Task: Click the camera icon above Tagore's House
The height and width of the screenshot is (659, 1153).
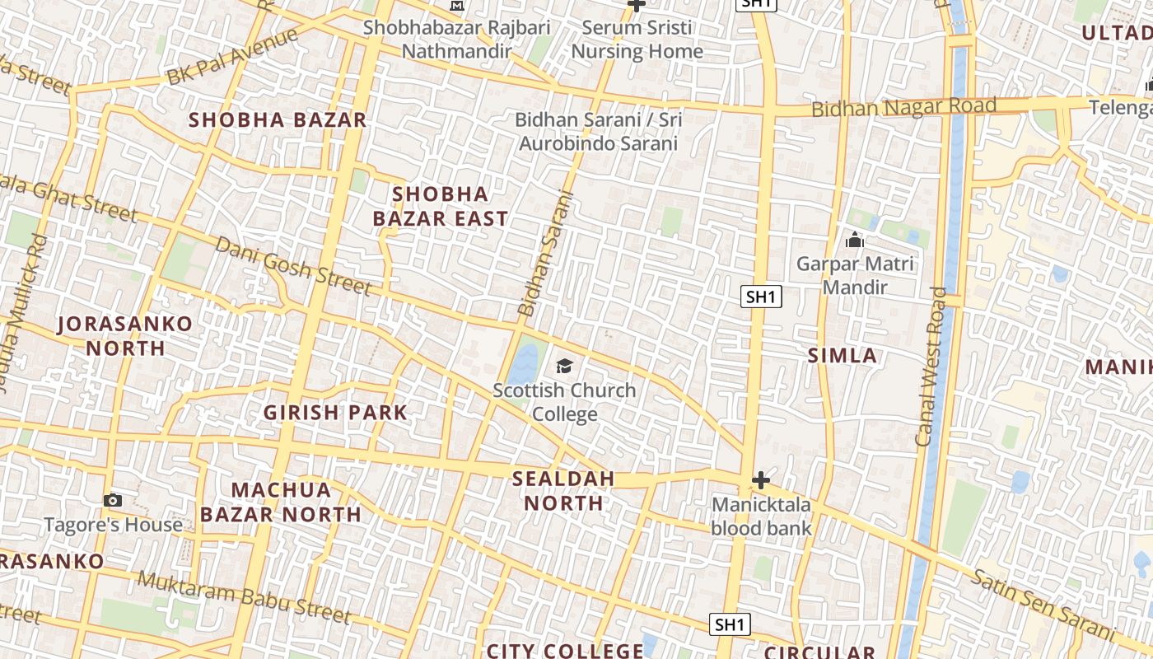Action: (x=113, y=500)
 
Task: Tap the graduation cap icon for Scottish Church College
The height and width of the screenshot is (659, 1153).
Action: (x=564, y=366)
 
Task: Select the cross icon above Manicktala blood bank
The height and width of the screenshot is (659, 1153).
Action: (x=761, y=479)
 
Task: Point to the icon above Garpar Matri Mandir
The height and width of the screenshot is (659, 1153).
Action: (x=854, y=241)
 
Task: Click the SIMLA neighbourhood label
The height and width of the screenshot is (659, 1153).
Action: (x=842, y=356)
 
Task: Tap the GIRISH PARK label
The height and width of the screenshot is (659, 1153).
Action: (x=335, y=413)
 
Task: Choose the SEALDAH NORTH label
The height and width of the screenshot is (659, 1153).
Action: (x=563, y=490)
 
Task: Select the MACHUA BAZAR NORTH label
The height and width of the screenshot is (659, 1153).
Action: (x=280, y=502)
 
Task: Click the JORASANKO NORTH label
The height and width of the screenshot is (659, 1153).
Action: (x=126, y=335)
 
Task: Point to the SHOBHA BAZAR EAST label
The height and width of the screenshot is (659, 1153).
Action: (x=440, y=206)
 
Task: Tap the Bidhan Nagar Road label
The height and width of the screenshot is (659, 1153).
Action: (x=903, y=107)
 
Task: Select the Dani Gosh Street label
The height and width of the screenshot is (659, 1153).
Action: (x=293, y=265)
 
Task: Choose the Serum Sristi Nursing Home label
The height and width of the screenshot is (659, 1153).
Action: (x=637, y=39)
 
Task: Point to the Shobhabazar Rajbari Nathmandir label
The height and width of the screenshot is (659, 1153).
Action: (x=457, y=39)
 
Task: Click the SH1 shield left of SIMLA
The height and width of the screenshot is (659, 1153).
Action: (x=761, y=297)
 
